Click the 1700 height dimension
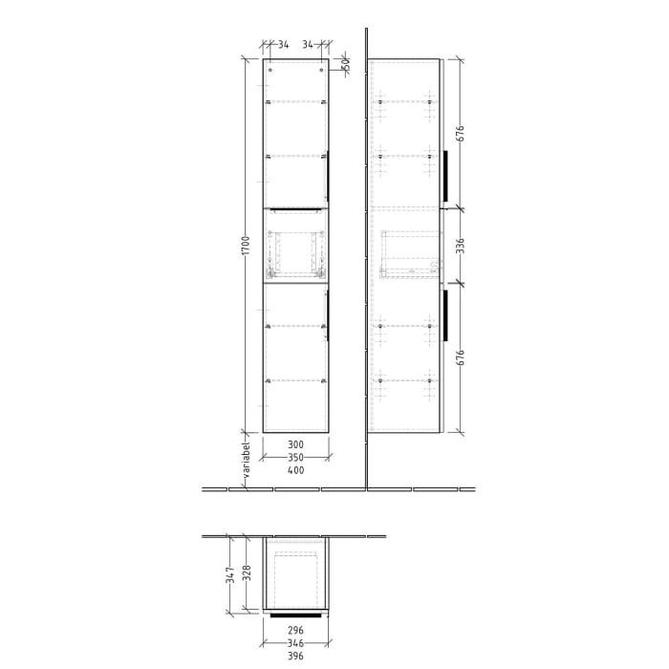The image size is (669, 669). pyautogui.click(x=246, y=246)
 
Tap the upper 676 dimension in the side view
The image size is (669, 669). pyautogui.click(x=460, y=133)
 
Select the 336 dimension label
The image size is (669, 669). pyautogui.click(x=460, y=246)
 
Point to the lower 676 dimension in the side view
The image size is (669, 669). pyautogui.click(x=460, y=358)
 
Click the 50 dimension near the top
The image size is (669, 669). pyautogui.click(x=346, y=65)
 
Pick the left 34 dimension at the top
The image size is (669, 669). pyautogui.click(x=283, y=44)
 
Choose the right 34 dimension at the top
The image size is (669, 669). pyautogui.click(x=308, y=44)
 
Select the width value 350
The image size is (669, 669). pyautogui.click(x=295, y=459)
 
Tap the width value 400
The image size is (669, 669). pyautogui.click(x=295, y=471)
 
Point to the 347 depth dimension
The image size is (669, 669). pyautogui.click(x=230, y=574)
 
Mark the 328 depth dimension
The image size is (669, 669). pyautogui.click(x=246, y=572)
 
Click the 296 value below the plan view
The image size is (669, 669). pyautogui.click(x=295, y=630)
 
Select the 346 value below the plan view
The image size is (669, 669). pyautogui.click(x=295, y=643)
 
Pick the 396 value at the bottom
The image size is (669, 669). pyautogui.click(x=295, y=657)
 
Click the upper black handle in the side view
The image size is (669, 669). pyautogui.click(x=445, y=176)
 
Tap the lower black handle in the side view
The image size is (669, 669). pyautogui.click(x=445, y=316)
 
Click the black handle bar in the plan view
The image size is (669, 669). pyautogui.click(x=295, y=616)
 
